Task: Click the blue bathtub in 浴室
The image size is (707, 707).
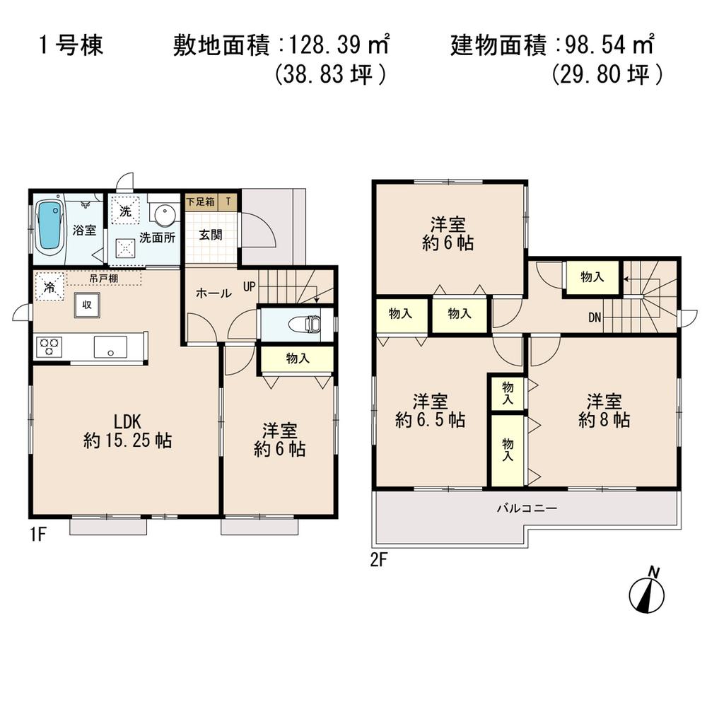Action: [x=49, y=226]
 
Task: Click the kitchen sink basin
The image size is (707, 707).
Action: [x=110, y=347]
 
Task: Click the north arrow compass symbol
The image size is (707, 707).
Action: [x=645, y=594]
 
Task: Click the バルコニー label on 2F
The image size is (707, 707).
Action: [x=527, y=508]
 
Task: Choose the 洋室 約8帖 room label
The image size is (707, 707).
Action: [x=604, y=411]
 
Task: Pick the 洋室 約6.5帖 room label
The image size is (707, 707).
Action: [x=430, y=411]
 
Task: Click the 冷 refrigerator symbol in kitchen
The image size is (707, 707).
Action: [x=49, y=287]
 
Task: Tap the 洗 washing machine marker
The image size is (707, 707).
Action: [x=124, y=210]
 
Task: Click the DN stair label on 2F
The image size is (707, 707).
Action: [x=595, y=317]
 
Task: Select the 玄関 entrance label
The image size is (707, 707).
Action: [x=210, y=235]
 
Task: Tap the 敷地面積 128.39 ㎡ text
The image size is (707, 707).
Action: [x=282, y=47]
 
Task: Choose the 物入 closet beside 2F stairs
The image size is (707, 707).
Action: [x=592, y=278]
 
